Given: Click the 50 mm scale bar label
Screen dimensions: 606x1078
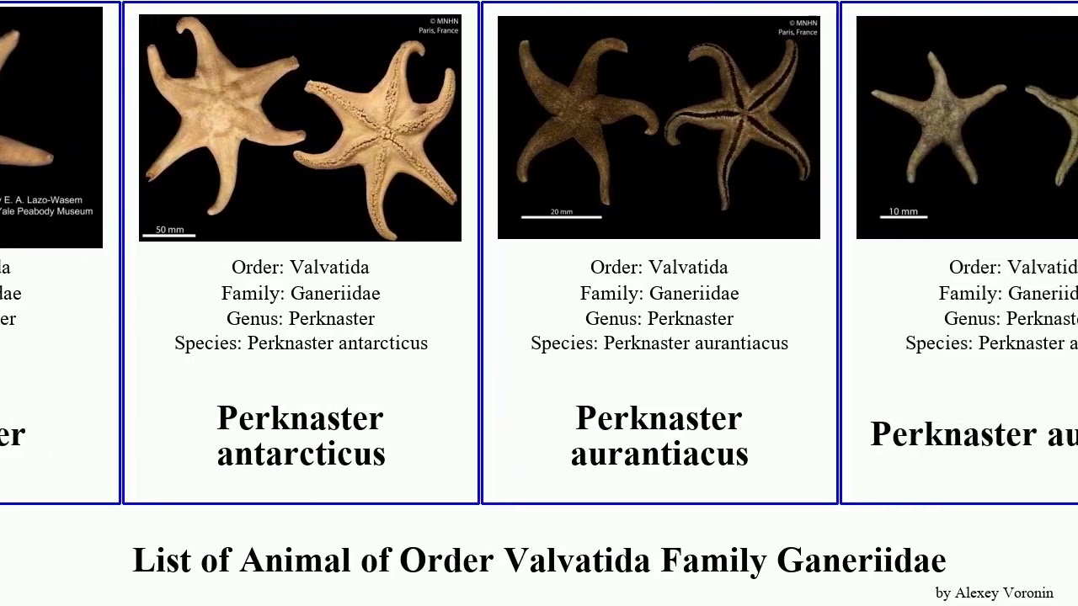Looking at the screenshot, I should coord(169,229).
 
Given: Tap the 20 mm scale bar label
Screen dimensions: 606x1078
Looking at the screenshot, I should coord(561,211).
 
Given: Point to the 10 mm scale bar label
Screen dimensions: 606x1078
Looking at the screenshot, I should coord(904,211).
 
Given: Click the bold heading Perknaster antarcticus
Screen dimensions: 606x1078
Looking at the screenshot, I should coord(301,436).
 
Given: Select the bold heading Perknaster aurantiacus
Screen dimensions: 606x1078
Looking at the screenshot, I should coord(659,436).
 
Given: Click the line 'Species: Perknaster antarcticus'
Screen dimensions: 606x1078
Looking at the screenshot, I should coord(301,343).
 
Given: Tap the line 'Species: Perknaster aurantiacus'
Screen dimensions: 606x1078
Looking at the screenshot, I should coord(659,343).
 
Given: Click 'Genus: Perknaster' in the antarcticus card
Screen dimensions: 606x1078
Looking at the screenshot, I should coord(301,319).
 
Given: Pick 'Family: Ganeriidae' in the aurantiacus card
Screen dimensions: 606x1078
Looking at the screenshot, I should coord(659,294).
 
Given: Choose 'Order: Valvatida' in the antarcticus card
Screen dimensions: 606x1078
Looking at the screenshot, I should coord(301,268).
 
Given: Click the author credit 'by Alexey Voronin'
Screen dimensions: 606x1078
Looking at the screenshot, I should coord(994,593).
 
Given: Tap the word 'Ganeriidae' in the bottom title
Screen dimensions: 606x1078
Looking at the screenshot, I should coord(862,561).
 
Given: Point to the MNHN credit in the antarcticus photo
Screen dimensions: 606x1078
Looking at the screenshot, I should coord(440,26).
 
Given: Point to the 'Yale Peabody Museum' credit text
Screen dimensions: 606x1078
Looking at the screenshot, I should coord(46,211).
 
